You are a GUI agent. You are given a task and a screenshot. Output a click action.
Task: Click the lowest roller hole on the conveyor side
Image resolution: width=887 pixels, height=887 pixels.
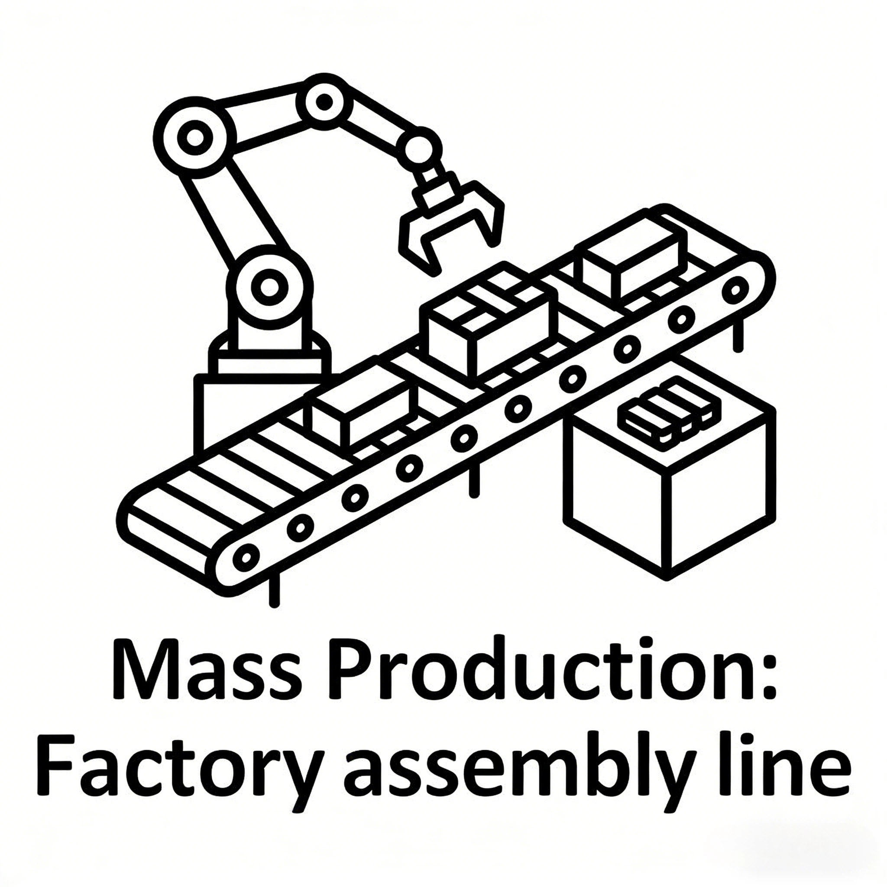click(246, 557)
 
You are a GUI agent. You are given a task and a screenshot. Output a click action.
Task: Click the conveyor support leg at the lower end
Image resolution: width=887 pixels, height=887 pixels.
click(274, 592)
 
